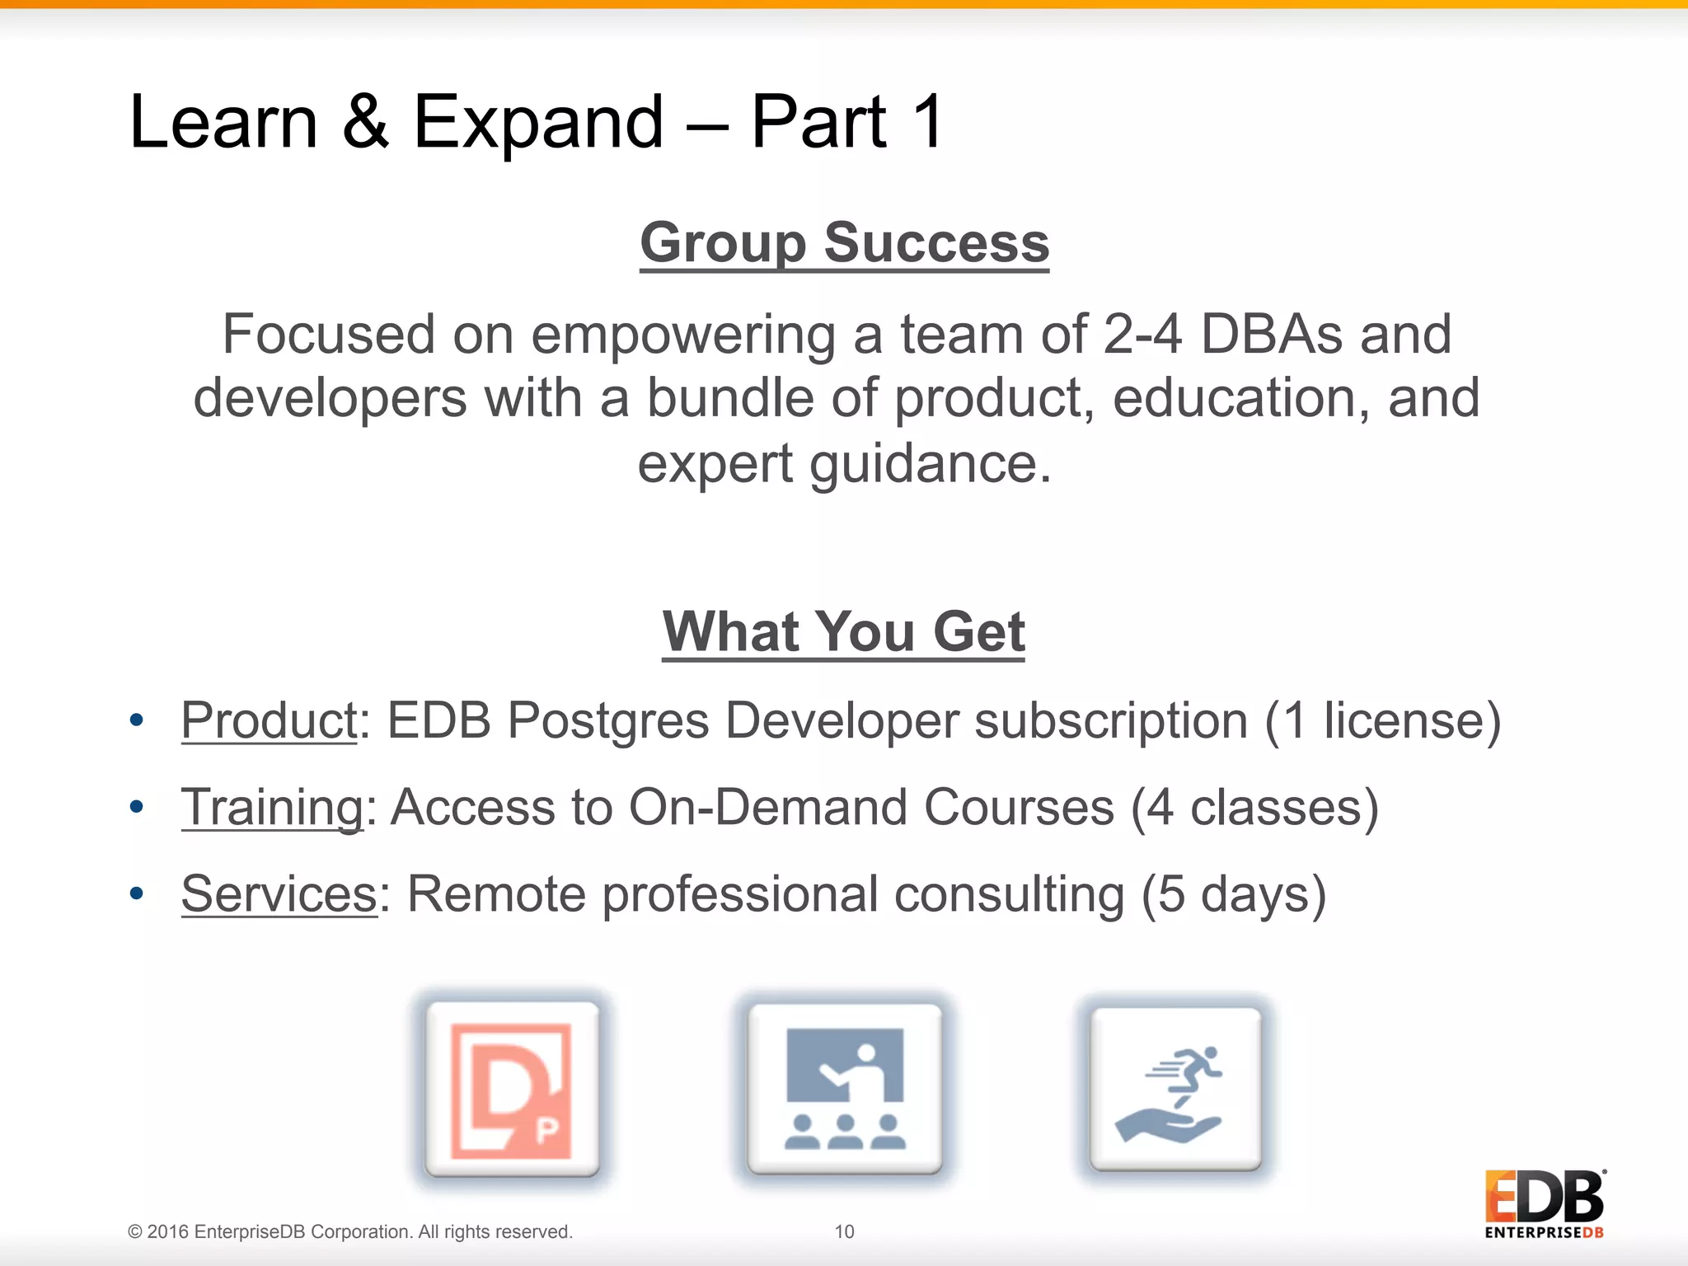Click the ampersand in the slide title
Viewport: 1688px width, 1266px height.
[365, 122]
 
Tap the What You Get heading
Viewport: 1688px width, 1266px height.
[843, 631]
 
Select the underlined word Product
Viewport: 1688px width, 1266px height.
[269, 720]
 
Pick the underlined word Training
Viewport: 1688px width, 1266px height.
[272, 807]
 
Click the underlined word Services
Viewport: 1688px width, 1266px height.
[279, 893]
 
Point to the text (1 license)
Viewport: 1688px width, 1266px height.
[1382, 720]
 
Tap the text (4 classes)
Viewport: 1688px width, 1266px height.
[1254, 807]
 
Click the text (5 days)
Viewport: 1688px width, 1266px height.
[1234, 893]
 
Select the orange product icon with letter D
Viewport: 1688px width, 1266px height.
[513, 1089]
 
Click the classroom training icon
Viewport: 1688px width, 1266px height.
[844, 1089]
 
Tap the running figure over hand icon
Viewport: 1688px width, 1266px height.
[1175, 1089]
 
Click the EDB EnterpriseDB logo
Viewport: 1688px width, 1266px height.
[1545, 1204]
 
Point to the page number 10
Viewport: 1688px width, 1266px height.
[844, 1231]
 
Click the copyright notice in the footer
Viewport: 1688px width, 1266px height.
[349, 1231]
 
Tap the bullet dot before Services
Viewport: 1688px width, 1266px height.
[137, 893]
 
